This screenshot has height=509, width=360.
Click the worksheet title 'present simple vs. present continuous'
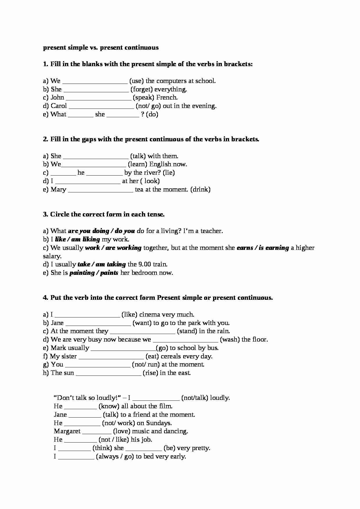[x=101, y=48]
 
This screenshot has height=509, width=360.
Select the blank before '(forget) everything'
[x=96, y=90]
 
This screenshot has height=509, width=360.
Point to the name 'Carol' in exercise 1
[x=59, y=106]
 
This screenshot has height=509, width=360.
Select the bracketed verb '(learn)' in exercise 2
[x=137, y=164]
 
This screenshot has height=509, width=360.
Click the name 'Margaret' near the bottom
[x=67, y=431]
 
